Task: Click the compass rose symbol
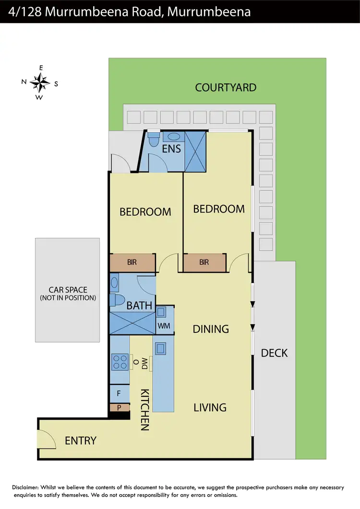pos(40,83)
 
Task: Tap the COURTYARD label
pos(226,88)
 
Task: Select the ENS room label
pos(171,148)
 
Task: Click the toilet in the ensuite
pos(154,140)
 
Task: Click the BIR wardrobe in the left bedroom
pos(132,262)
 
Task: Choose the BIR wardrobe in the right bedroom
pos(204,262)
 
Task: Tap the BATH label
pos(139,305)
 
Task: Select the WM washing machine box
pos(164,325)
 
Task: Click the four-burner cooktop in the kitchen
pos(120,361)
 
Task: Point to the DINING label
pos(211,329)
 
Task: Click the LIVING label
pos(210,407)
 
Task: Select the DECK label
pos(274,353)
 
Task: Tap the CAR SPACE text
pos(68,290)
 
